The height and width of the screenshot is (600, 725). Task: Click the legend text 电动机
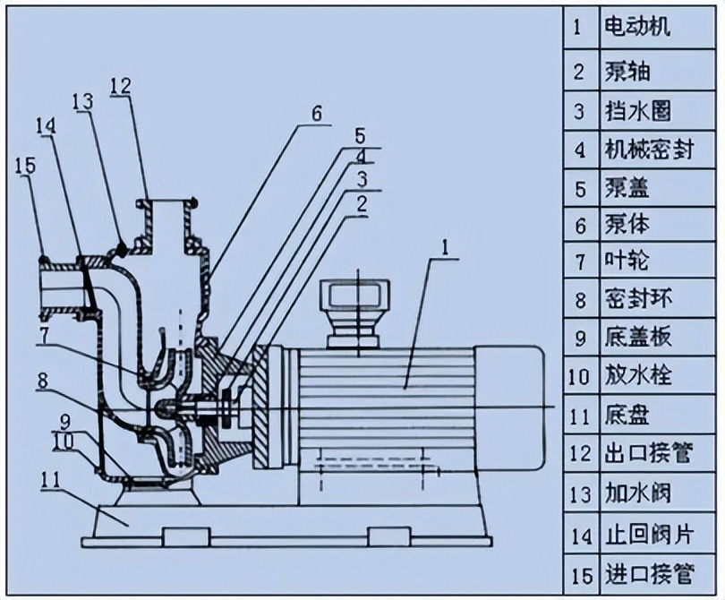pyautogui.click(x=637, y=27)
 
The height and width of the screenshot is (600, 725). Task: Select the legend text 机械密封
pyautogui.click(x=649, y=150)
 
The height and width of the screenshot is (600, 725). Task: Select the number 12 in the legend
pyautogui.click(x=580, y=454)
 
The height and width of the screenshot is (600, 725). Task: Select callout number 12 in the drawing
pyautogui.click(x=122, y=86)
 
